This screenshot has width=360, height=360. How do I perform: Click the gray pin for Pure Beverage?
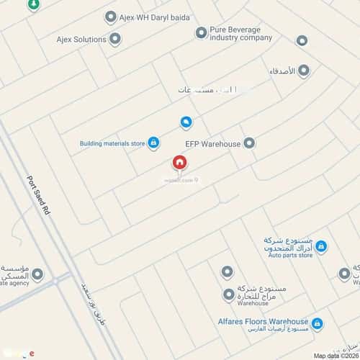pyautogui.click(x=201, y=32)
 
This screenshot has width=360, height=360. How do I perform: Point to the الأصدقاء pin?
pyautogui.click(x=303, y=70)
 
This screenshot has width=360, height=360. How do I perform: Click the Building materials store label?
pyautogui.click(x=112, y=143)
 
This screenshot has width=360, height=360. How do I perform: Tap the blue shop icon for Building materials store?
pyautogui.click(x=153, y=143)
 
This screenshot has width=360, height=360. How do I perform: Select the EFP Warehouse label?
pyautogui.click(x=212, y=144)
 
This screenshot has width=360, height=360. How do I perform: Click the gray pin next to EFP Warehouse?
pyautogui.click(x=249, y=143)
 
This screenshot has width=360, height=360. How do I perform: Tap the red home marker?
pyautogui.click(x=179, y=164)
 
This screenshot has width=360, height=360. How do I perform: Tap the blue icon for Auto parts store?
pyautogui.click(x=321, y=247)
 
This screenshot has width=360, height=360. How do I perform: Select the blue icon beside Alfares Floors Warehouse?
pyautogui.click(x=317, y=323)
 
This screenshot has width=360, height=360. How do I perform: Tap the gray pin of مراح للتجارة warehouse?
pyautogui.click(x=228, y=294)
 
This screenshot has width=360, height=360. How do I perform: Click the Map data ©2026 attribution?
pyautogui.click(x=334, y=355)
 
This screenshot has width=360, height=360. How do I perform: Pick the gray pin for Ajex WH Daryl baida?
pyautogui.click(x=110, y=17)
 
